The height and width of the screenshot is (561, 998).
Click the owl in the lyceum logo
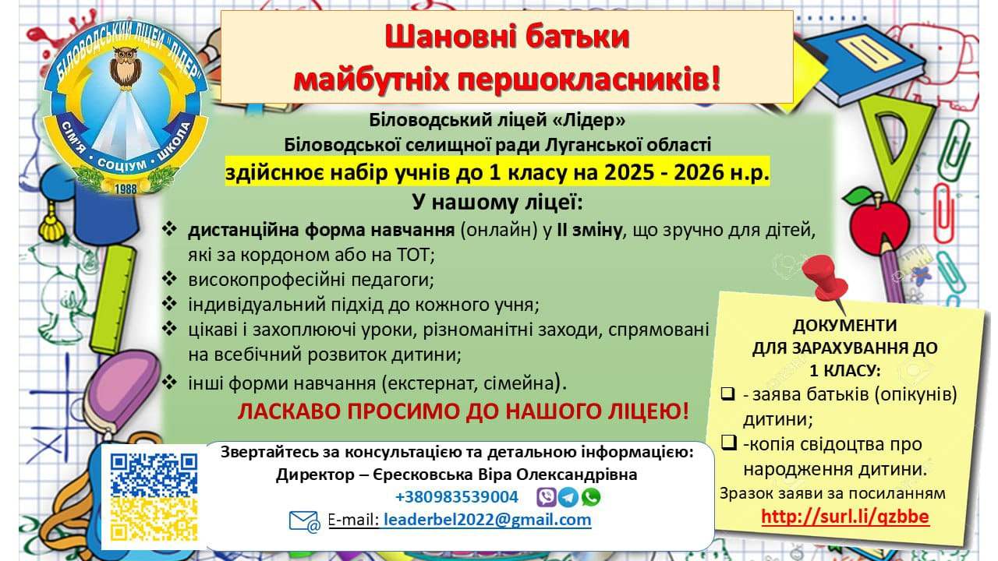coord(126,67)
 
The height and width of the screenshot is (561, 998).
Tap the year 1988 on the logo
coord(126,189)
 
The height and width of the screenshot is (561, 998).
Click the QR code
coord(154,497)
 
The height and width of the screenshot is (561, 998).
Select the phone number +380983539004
coord(457,497)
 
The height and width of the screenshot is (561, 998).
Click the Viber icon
coord(547,497)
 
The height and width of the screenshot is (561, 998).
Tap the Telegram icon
coord(568,497)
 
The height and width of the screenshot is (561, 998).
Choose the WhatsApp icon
coord(591,497)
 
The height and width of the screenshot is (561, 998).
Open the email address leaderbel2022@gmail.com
coord(487,520)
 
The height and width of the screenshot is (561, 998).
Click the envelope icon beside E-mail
coord(304,521)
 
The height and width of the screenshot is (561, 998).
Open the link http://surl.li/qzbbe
coord(845,517)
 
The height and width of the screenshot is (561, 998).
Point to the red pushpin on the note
coord(824,280)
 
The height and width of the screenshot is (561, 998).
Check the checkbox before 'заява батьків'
coord(728,394)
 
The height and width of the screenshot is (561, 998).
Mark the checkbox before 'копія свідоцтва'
coord(728,443)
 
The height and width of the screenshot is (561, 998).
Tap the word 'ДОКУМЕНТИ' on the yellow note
coord(844,326)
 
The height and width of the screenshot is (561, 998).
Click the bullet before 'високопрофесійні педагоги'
coord(169,279)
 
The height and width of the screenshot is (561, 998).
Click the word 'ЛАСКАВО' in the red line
coord(288,412)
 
